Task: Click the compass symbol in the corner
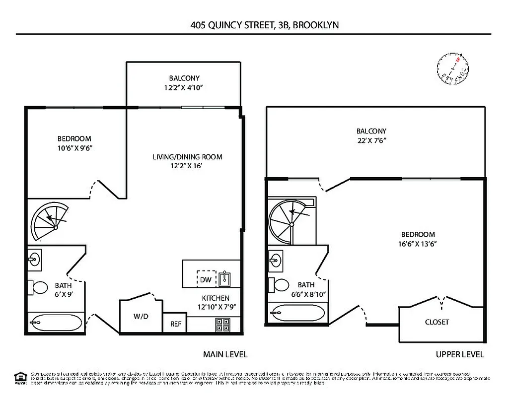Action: (453, 68)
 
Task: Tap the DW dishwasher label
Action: (206, 280)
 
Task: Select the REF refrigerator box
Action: (176, 324)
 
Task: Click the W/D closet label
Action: (141, 316)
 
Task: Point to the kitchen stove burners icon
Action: (221, 325)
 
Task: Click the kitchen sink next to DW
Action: (225, 279)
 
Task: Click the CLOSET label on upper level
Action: (437, 322)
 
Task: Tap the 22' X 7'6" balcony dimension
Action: (371, 140)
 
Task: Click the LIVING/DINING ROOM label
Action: (187, 157)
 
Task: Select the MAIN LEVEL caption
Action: (225, 354)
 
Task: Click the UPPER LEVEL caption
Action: (460, 354)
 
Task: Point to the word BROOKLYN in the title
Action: (316, 25)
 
